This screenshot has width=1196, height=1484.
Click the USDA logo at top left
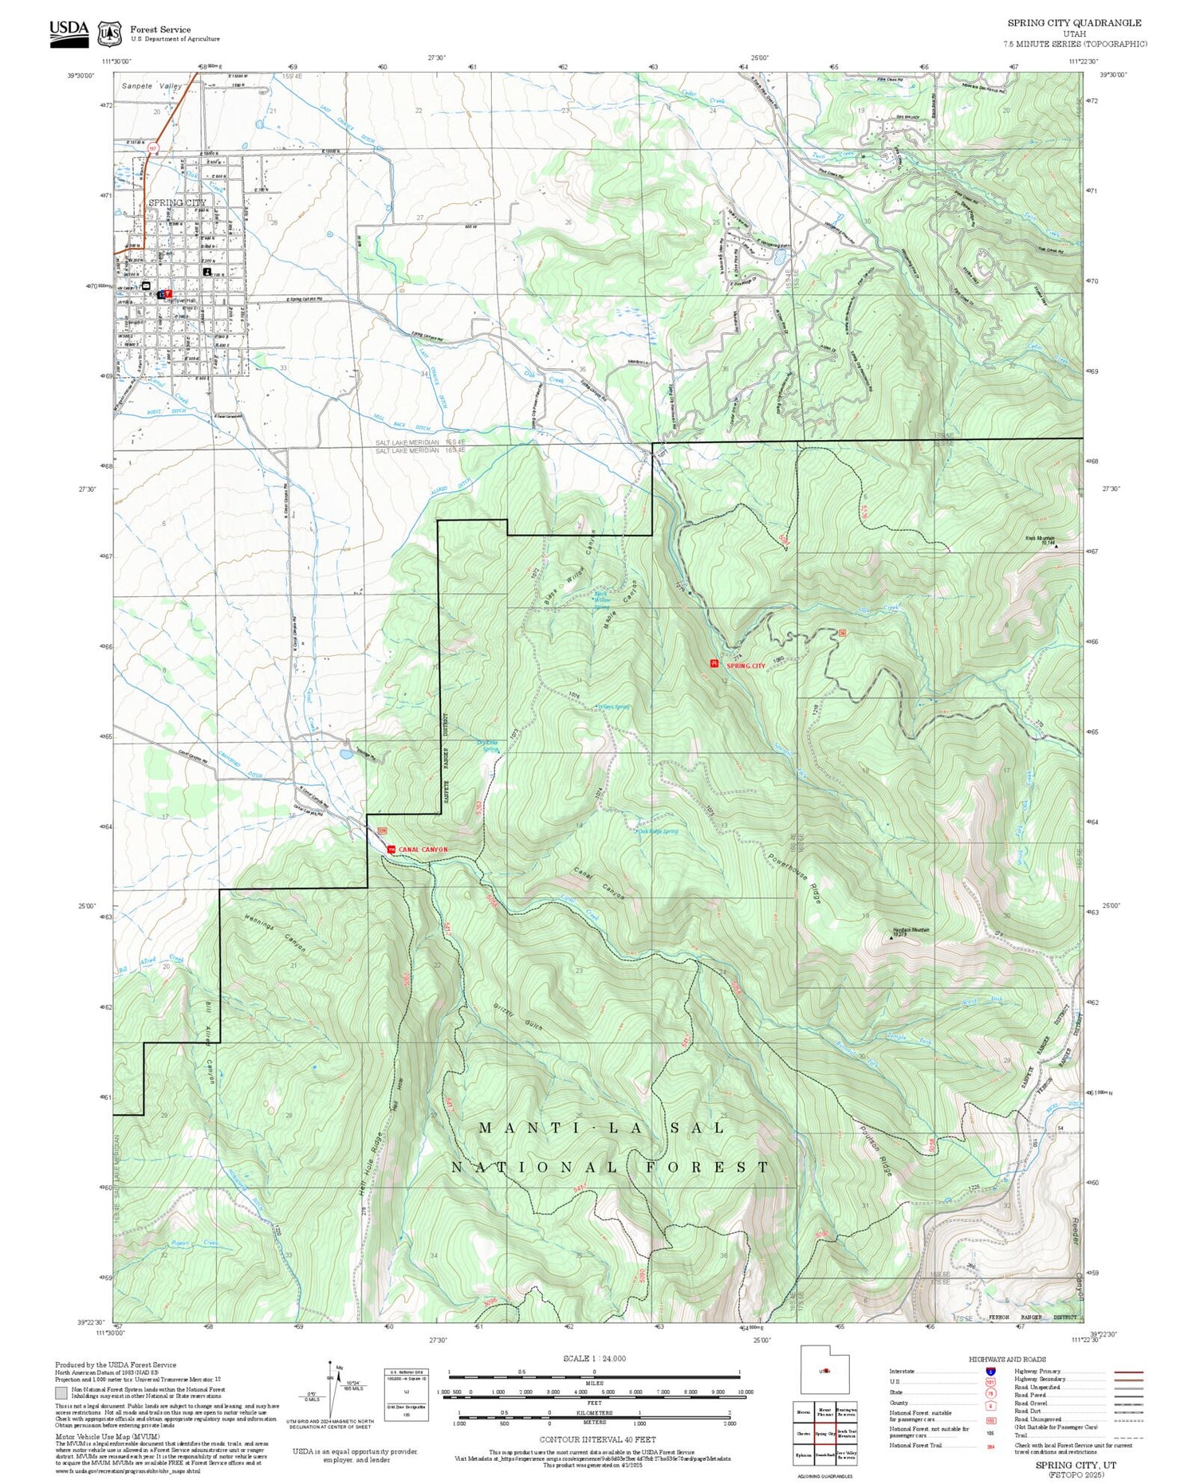(x=69, y=32)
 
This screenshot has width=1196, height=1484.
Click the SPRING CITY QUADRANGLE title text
(x=1074, y=23)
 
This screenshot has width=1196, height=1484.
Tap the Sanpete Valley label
(x=151, y=86)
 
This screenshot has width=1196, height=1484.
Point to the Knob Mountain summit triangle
(x=1056, y=547)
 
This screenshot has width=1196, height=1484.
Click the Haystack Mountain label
(x=910, y=930)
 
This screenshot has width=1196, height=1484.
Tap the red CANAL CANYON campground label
(x=423, y=850)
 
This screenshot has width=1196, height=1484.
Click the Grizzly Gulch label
(x=518, y=1016)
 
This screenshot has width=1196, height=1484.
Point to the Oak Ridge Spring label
(x=658, y=831)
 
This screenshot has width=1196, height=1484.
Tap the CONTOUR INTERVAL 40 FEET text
(x=597, y=1439)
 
